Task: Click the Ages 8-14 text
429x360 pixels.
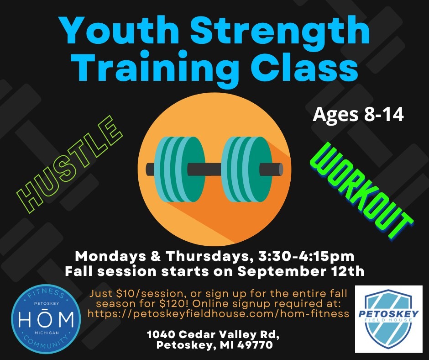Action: point(358,115)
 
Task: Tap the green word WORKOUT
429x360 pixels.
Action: point(361,191)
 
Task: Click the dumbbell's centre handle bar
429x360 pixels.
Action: point(214,169)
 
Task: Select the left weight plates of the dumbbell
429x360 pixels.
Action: point(179,169)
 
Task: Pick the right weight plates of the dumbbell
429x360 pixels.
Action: point(247,169)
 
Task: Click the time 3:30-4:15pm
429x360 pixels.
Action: point(306,256)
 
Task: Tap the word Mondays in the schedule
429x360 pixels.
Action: point(110,256)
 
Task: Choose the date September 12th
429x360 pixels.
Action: point(301,271)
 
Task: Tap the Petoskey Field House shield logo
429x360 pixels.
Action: point(388,319)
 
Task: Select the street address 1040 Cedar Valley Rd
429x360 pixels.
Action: point(213,334)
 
